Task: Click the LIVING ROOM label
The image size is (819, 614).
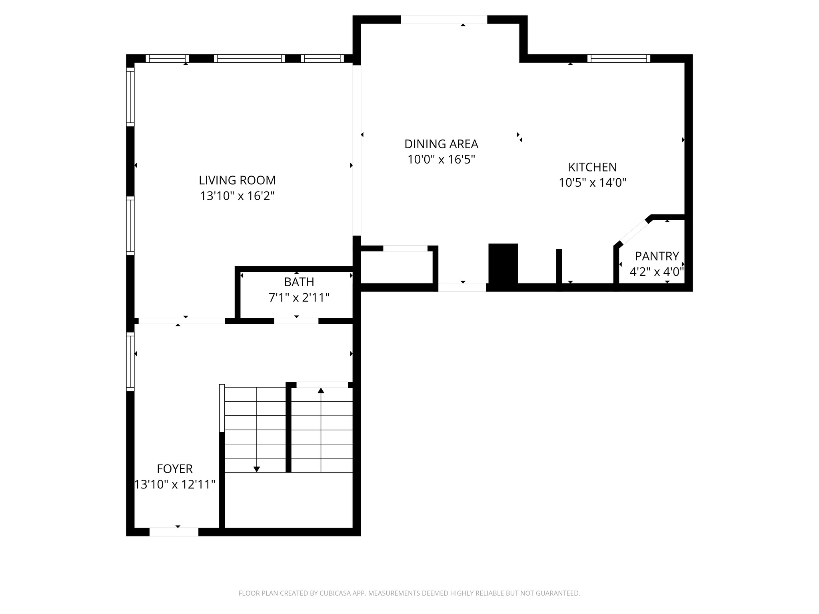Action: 237,180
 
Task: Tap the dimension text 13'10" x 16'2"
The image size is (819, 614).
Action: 237,196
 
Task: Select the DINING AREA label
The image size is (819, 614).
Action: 441,144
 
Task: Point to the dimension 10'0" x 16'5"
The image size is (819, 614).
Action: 441,160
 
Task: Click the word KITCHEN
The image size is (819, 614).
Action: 592,167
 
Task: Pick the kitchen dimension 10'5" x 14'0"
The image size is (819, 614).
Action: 592,183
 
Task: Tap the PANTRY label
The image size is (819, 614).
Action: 657,256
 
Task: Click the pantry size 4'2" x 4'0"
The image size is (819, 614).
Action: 657,272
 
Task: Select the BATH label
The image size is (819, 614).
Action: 299,282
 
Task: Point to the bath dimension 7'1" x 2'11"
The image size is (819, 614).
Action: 299,298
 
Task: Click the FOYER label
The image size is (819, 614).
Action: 175,468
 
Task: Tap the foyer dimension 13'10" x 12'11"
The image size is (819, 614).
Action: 175,485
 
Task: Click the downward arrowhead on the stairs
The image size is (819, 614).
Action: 257,469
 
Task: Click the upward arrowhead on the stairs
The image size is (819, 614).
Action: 321,391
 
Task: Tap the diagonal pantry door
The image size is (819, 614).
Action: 634,232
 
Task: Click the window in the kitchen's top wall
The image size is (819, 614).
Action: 619,59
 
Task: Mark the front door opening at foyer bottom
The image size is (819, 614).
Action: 174,532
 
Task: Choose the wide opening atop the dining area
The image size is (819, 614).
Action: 444,20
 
